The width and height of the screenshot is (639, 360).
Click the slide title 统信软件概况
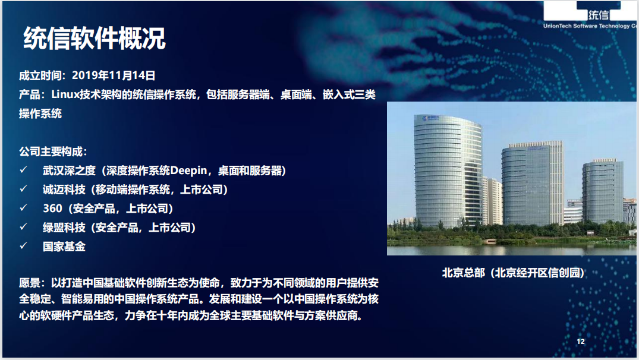[x=95, y=38]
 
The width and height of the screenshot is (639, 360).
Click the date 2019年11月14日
[x=114, y=75]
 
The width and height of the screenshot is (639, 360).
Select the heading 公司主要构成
[x=52, y=151]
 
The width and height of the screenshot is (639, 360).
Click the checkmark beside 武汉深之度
[x=24, y=170]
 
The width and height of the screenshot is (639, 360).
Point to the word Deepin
[x=188, y=170]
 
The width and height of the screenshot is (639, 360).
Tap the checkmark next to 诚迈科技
[x=24, y=188]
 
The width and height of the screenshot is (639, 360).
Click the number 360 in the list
[x=52, y=209]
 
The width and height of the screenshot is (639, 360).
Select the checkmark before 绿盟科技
[x=24, y=226]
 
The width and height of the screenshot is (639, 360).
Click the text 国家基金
[x=64, y=247]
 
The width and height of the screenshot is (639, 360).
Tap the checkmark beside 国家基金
[x=24, y=245]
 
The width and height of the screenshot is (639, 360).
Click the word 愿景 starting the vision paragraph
[x=30, y=283]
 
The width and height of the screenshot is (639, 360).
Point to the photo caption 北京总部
[x=464, y=273]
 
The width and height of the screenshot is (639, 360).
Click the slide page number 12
[x=581, y=341]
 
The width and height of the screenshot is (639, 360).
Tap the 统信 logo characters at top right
[x=599, y=15]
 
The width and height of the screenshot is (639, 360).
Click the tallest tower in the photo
[x=448, y=171]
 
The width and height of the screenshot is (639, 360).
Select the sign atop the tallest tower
[x=430, y=118]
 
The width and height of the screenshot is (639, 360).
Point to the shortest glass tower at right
[x=602, y=191]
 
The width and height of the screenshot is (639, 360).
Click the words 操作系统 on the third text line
[x=40, y=113]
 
